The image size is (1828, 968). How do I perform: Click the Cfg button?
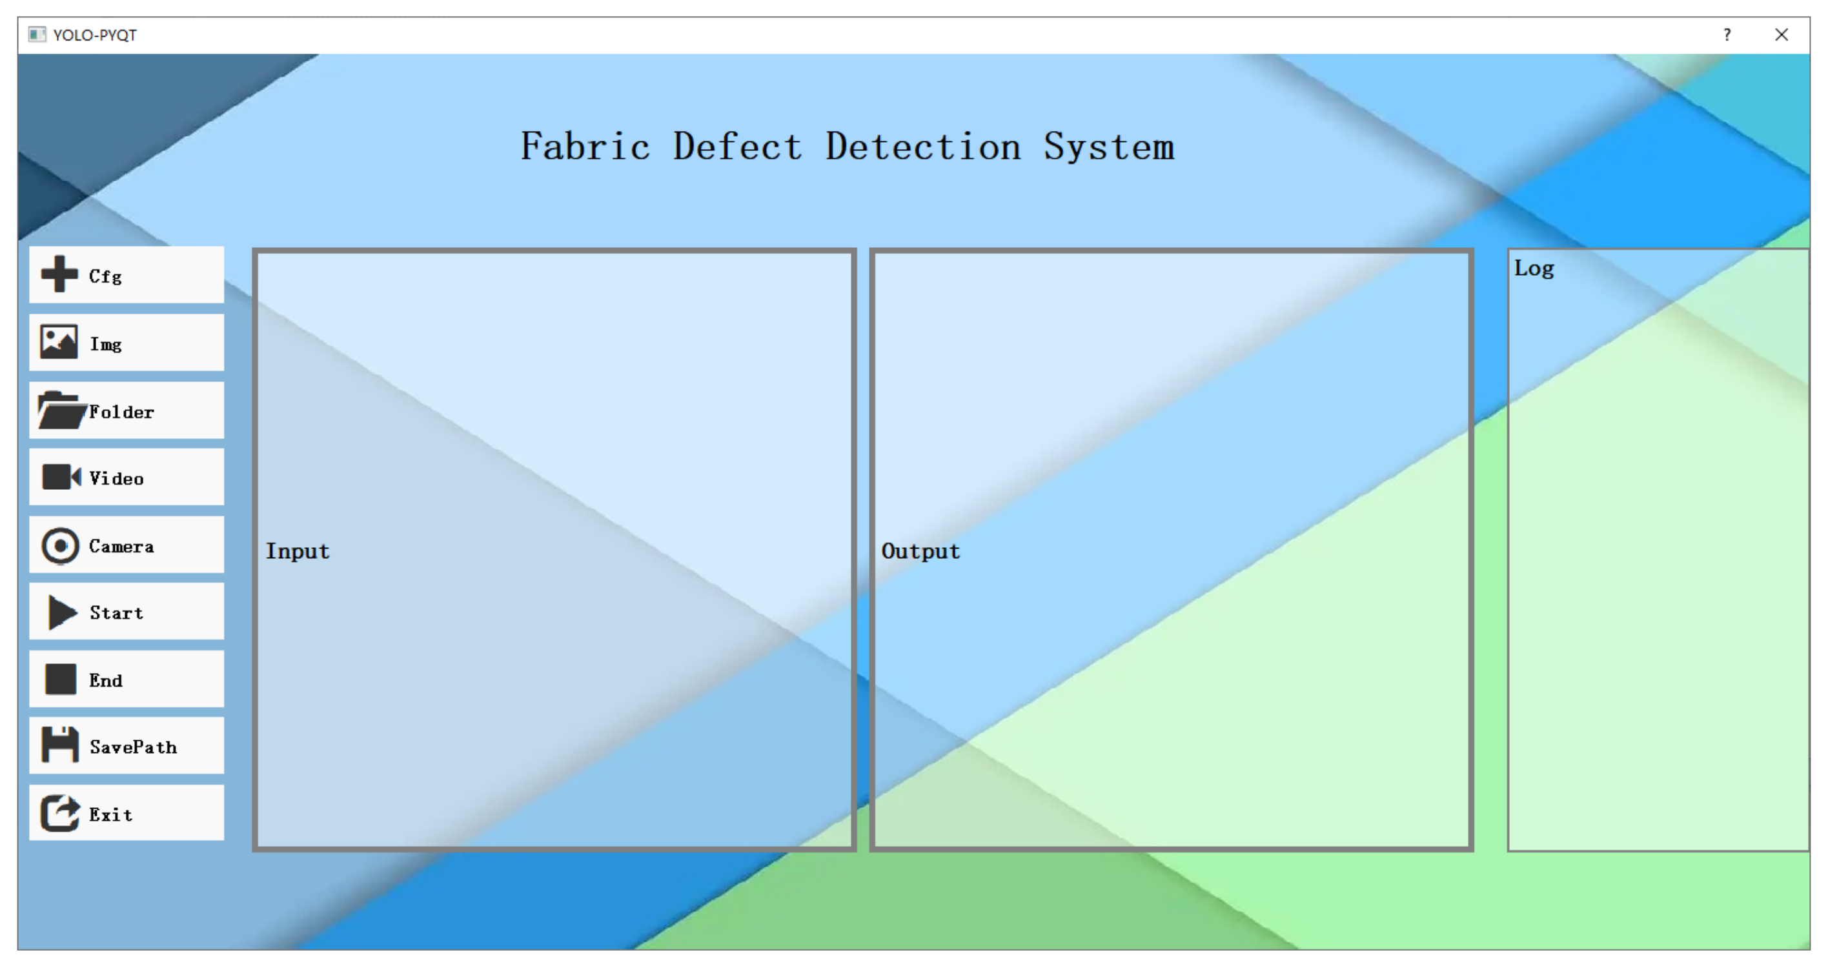(127, 275)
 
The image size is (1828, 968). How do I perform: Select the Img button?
(127, 343)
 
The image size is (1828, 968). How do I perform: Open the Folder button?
(127, 411)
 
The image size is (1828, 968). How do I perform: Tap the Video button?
(127, 478)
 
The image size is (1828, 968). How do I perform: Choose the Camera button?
(127, 545)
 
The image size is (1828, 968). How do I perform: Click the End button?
(127, 679)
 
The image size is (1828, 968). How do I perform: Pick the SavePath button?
(127, 746)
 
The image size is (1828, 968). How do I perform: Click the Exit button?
(127, 813)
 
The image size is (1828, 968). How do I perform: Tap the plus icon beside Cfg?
(59, 274)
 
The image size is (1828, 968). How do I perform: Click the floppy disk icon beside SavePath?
(60, 745)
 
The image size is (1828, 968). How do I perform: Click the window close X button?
(1781, 35)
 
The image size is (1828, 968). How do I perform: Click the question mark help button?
(1727, 35)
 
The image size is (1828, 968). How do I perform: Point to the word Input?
(298, 551)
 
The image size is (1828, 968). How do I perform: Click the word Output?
(920, 551)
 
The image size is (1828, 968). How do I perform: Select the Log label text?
(1534, 268)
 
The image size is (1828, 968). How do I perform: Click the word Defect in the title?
(737, 147)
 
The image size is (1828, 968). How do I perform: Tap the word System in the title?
(1108, 147)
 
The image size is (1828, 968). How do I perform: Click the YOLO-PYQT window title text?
(94, 35)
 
